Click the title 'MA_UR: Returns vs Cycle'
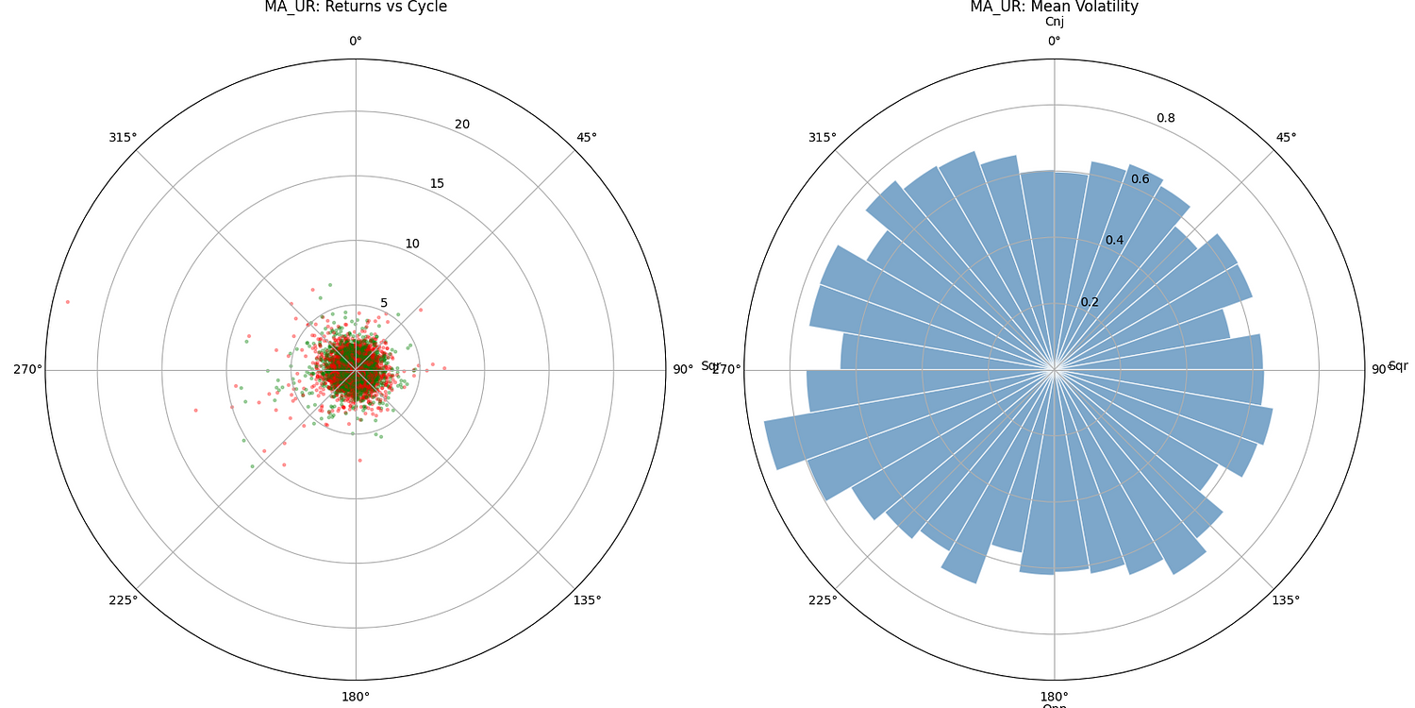pos(355,8)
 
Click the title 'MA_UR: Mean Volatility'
pos(1054,8)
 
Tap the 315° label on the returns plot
pos(123,138)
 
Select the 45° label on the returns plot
pos(587,138)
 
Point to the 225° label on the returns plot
pos(123,600)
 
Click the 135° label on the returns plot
pos(587,600)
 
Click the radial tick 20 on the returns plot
pos(462,125)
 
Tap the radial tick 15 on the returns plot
pos(437,183)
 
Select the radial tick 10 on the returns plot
pos(412,244)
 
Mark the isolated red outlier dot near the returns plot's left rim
pos(68,302)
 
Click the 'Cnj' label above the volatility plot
pos(1054,22)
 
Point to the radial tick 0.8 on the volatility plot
pos(1166,118)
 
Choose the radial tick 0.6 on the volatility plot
pos(1140,179)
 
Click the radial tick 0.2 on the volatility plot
pos(1090,302)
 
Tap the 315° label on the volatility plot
pos(822,138)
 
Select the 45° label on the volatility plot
pos(1286,138)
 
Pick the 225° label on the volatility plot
pos(822,600)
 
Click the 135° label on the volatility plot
pos(1286,600)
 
